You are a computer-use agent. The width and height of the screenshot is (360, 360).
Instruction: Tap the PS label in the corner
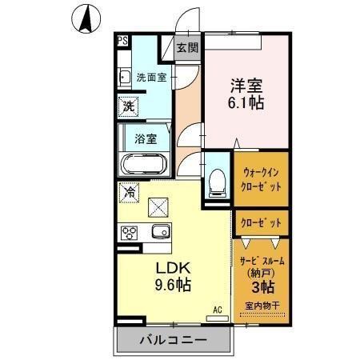coord(123,41)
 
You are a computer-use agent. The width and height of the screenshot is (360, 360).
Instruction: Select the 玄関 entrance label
coord(186,46)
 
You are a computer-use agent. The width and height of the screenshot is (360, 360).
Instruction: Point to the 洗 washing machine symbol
coord(128,105)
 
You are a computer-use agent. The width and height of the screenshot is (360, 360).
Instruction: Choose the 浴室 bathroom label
coord(146,137)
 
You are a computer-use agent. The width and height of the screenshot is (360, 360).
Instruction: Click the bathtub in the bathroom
coord(143,166)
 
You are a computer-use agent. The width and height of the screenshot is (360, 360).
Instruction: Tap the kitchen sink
coord(160,233)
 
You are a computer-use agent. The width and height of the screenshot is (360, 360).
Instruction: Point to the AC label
coord(217,310)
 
